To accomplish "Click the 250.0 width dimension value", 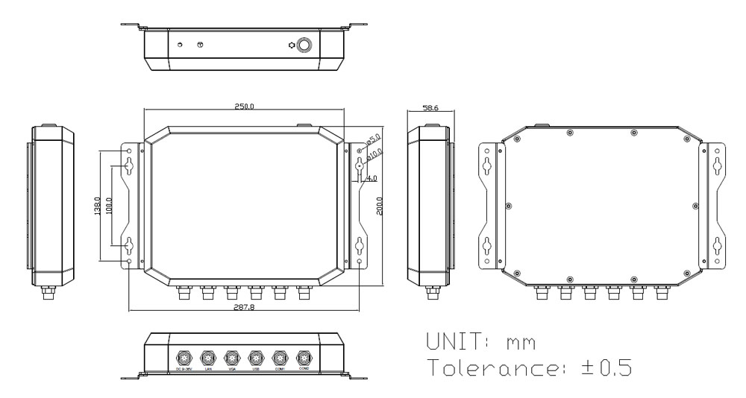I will point(243,107).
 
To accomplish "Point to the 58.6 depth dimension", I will point(429,109).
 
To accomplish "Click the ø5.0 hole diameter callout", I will point(374,139).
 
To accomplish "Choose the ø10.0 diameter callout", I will point(375,154).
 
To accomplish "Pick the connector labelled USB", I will point(255,356).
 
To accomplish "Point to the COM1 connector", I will point(280,356).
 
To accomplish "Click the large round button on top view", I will point(305,45).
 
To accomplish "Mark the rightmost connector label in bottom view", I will point(304,368).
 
